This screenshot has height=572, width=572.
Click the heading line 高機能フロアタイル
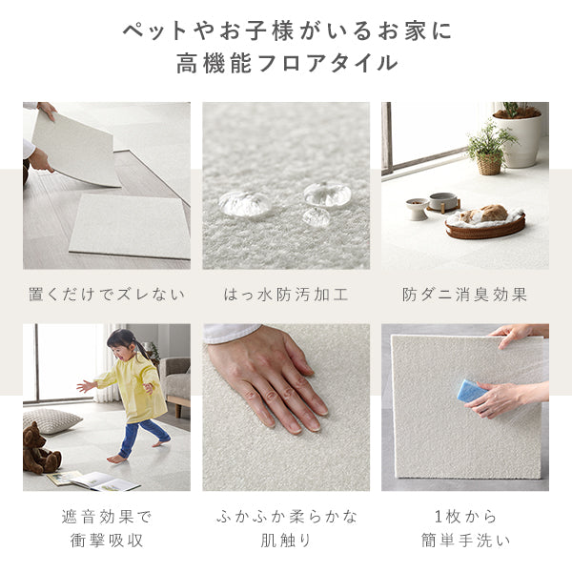pyautogui.click(x=286, y=64)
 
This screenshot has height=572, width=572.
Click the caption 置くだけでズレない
pyautogui.click(x=106, y=294)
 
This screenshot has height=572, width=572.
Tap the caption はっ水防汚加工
pyautogui.click(x=285, y=294)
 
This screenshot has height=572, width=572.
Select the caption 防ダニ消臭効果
pyautogui.click(x=464, y=294)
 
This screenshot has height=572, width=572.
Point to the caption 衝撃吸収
pyautogui.click(x=106, y=541)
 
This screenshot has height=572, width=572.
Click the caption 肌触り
pyautogui.click(x=285, y=541)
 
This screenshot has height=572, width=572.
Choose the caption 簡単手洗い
pyautogui.click(x=464, y=541)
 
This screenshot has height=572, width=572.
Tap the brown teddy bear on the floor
pyautogui.click(x=40, y=449)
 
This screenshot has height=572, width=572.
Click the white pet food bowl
pyautogui.click(x=417, y=208)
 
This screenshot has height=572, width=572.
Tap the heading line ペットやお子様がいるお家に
pyautogui.click(x=286, y=31)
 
